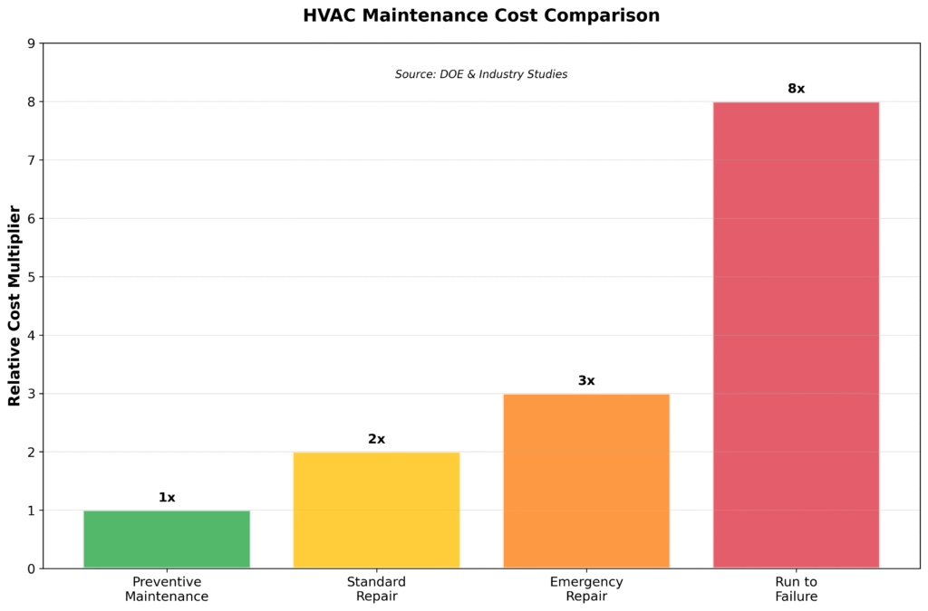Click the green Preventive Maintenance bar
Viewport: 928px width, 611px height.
pyautogui.click(x=167, y=539)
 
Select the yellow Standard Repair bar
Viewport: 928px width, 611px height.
pyautogui.click(x=376, y=510)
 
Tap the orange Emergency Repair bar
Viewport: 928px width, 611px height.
pyautogui.click(x=586, y=481)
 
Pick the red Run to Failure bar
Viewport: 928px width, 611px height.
pyautogui.click(x=796, y=335)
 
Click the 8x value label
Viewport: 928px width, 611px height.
pyautogui.click(x=796, y=89)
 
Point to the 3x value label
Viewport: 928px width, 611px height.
pyautogui.click(x=586, y=381)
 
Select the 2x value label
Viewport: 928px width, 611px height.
pyautogui.click(x=376, y=439)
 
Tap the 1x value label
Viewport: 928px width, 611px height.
pyautogui.click(x=167, y=497)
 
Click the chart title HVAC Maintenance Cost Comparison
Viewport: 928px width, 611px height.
pyautogui.click(x=481, y=15)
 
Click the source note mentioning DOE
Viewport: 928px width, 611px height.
pyautogui.click(x=481, y=74)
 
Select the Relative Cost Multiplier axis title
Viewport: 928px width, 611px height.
pyautogui.click(x=14, y=306)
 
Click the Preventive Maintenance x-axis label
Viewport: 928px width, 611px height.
pyautogui.click(x=167, y=589)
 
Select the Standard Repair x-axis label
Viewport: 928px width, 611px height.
pyautogui.click(x=376, y=589)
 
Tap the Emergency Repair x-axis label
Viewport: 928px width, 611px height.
pyautogui.click(x=586, y=589)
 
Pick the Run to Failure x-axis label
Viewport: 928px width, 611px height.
pyautogui.click(x=796, y=589)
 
